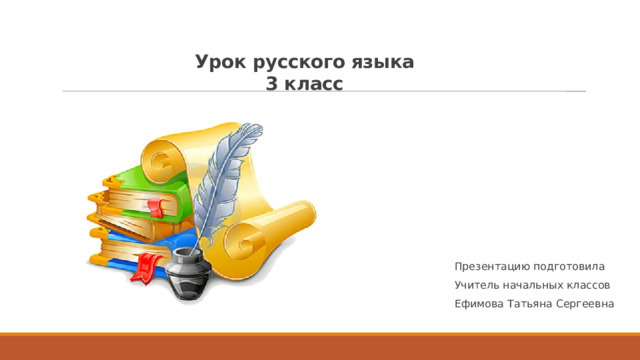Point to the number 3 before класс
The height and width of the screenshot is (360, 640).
[x=273, y=85]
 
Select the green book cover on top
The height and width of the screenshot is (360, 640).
[x=135, y=181]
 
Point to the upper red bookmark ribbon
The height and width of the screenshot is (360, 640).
[x=155, y=208]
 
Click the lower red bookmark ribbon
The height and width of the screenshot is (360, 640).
[x=145, y=266]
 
